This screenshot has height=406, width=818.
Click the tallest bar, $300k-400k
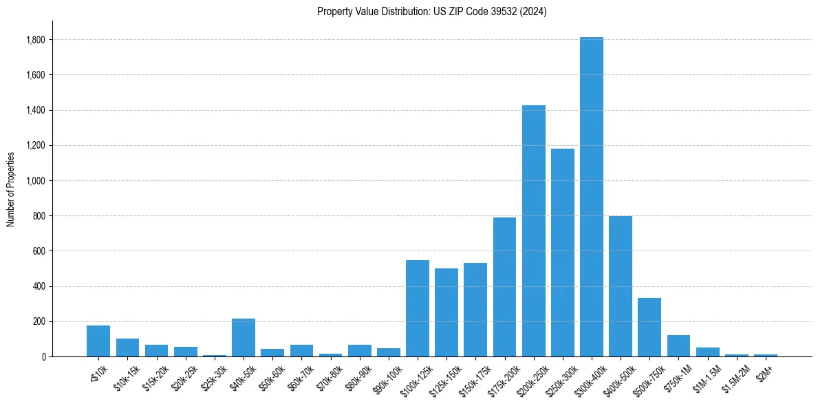point(592,197)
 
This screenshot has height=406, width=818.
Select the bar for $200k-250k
point(534,231)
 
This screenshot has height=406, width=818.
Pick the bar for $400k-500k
point(621,286)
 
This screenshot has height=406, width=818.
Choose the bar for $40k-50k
point(244,338)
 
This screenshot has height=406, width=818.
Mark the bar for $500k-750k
point(649,328)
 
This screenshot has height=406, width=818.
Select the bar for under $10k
point(98,341)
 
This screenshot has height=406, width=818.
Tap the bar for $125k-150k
point(446,312)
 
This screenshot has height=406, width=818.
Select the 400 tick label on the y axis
point(40,286)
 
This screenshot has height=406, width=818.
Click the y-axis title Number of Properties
point(10,189)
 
